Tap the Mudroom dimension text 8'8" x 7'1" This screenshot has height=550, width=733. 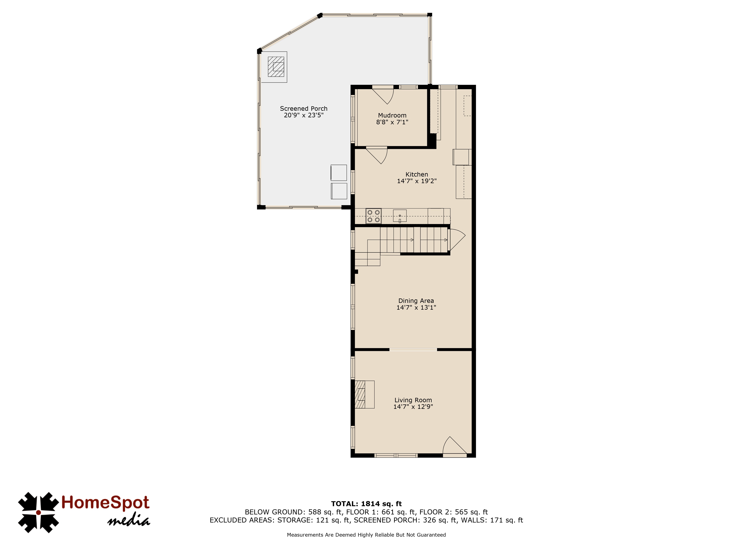click(392, 122)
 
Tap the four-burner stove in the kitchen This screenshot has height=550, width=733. click(373, 216)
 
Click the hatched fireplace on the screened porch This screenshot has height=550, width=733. click(276, 67)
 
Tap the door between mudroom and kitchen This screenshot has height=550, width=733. click(377, 156)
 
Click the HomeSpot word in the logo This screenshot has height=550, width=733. click(105, 502)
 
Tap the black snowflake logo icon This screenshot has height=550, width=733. click(38, 513)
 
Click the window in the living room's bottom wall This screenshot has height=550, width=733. click(396, 456)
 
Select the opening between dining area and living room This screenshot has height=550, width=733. click(413, 349)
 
